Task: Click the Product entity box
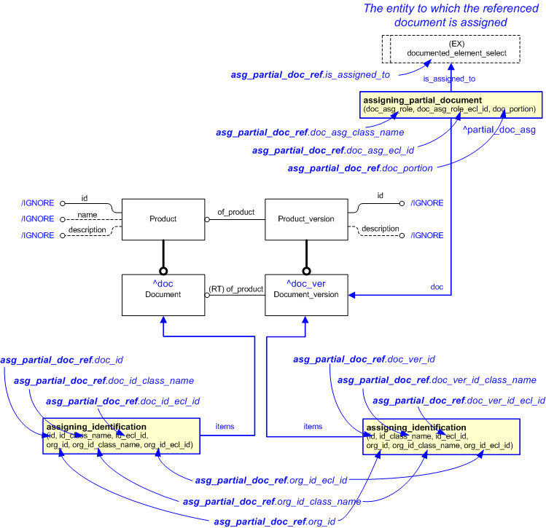(x=163, y=218)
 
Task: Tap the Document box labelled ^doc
(x=163, y=294)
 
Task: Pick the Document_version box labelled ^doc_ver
(x=306, y=294)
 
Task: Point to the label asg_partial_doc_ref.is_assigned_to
(x=310, y=74)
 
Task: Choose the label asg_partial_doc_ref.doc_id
(x=61, y=360)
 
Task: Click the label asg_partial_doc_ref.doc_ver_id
(x=364, y=359)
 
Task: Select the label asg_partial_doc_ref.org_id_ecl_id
(x=270, y=480)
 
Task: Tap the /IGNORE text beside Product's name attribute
(x=38, y=218)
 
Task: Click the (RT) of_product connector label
(x=235, y=289)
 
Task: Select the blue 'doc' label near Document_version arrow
(x=437, y=287)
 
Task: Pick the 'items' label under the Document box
(x=225, y=426)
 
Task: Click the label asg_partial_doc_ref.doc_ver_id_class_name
(x=437, y=380)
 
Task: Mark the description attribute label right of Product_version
(x=380, y=229)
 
